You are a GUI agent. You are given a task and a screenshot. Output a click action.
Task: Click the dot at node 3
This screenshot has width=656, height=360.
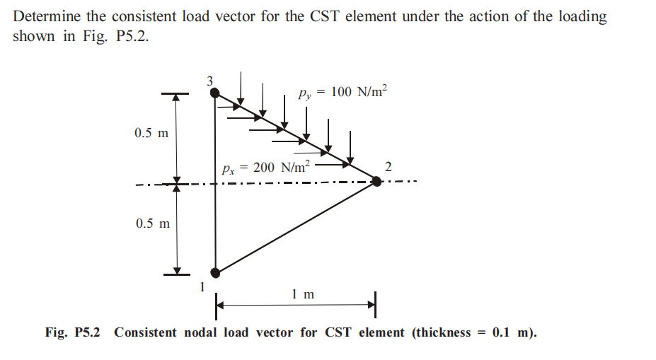[215, 93]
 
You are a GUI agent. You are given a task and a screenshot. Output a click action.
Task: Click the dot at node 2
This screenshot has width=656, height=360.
[376, 182]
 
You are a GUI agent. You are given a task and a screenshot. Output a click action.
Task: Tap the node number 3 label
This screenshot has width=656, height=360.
[209, 80]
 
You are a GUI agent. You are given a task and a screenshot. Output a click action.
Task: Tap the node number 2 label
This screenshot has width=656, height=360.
[387, 167]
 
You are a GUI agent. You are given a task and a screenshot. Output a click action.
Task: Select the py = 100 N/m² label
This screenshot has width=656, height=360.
[343, 93]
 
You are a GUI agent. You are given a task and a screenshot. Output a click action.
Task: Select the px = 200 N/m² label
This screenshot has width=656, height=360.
[265, 168]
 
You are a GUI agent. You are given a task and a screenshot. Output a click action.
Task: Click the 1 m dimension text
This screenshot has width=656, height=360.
[303, 294]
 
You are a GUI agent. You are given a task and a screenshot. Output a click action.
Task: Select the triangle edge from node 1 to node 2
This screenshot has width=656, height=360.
[296, 227]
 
